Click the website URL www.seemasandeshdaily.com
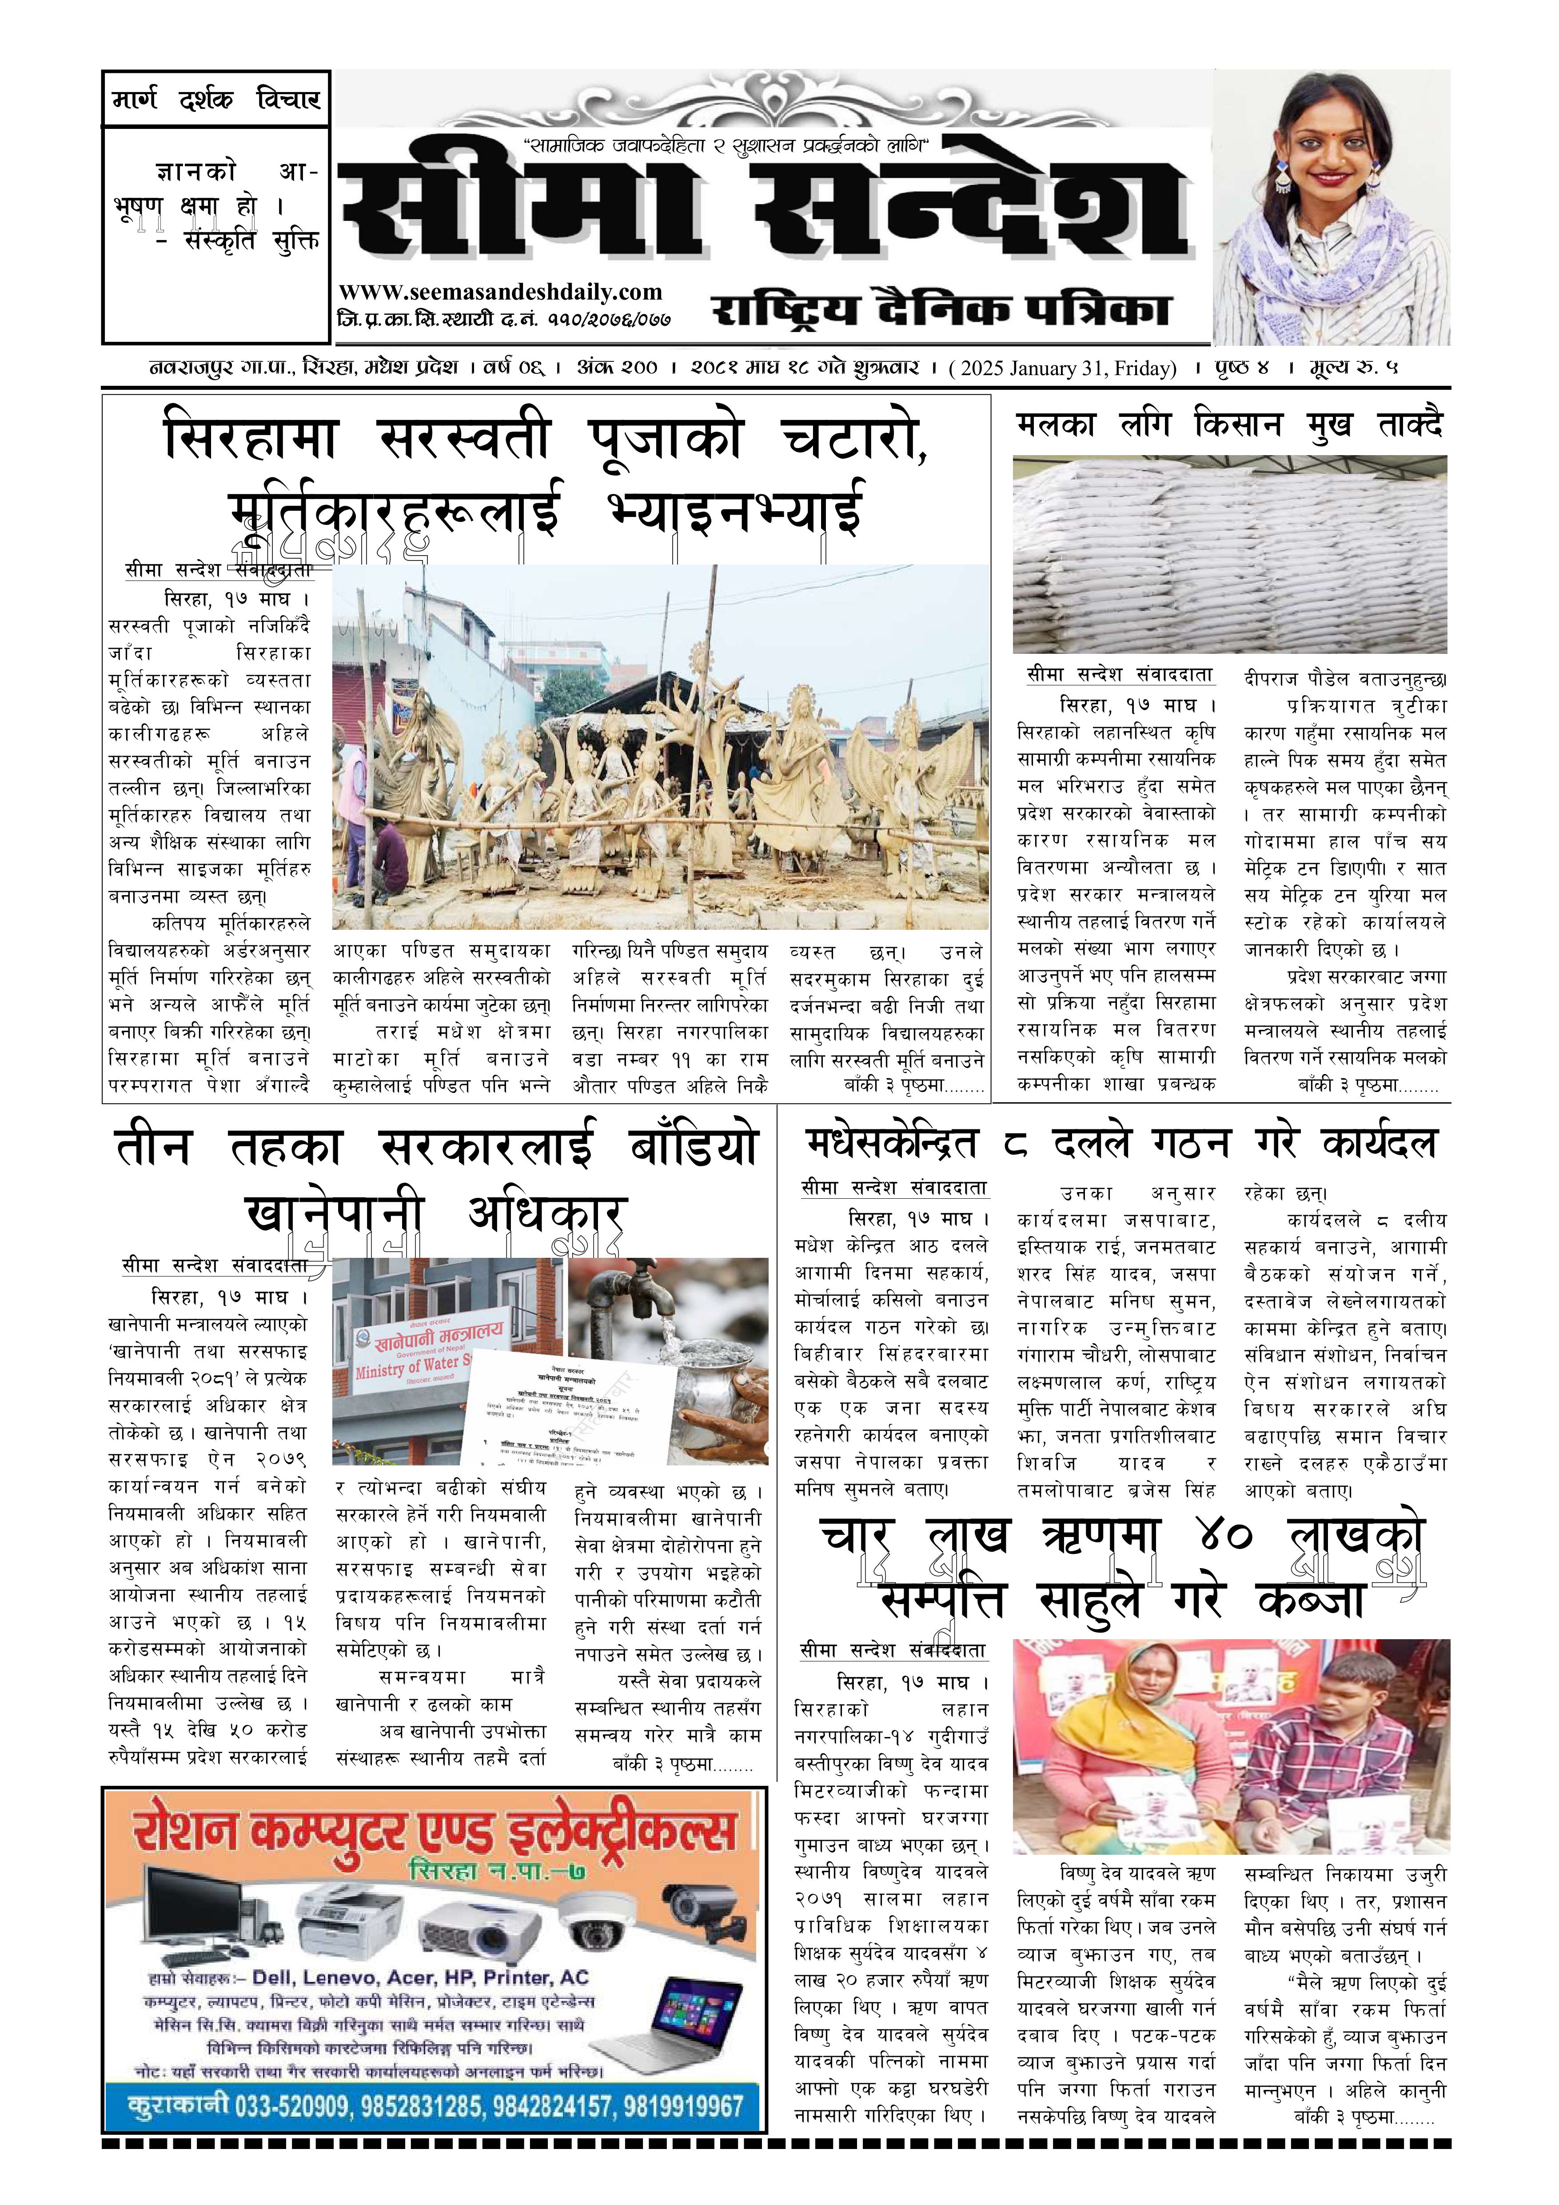click(x=500, y=292)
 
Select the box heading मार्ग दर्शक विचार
click(x=216, y=99)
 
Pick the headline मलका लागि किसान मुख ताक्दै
click(x=1230, y=424)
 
